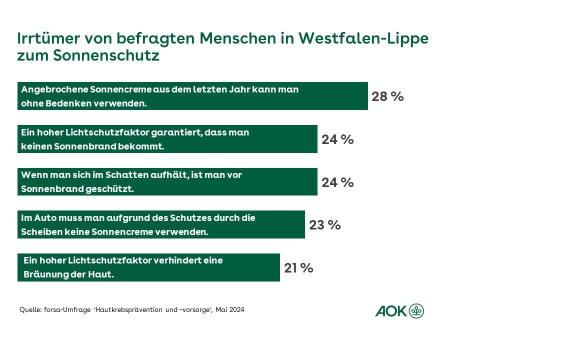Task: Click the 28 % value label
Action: [x=387, y=96]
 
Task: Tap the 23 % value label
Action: [x=324, y=225]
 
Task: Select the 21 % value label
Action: [x=298, y=268]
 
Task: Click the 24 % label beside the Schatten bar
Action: [x=337, y=182]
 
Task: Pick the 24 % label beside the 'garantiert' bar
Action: [x=337, y=139]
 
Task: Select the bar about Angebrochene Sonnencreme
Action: [x=192, y=96]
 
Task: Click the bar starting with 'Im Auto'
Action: [x=161, y=224]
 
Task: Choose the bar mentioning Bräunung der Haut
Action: [x=148, y=267]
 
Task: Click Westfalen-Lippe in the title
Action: [x=364, y=38]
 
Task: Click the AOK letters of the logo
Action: [x=391, y=311]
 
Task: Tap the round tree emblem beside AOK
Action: [x=416, y=311]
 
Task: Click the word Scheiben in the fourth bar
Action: [x=38, y=232]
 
